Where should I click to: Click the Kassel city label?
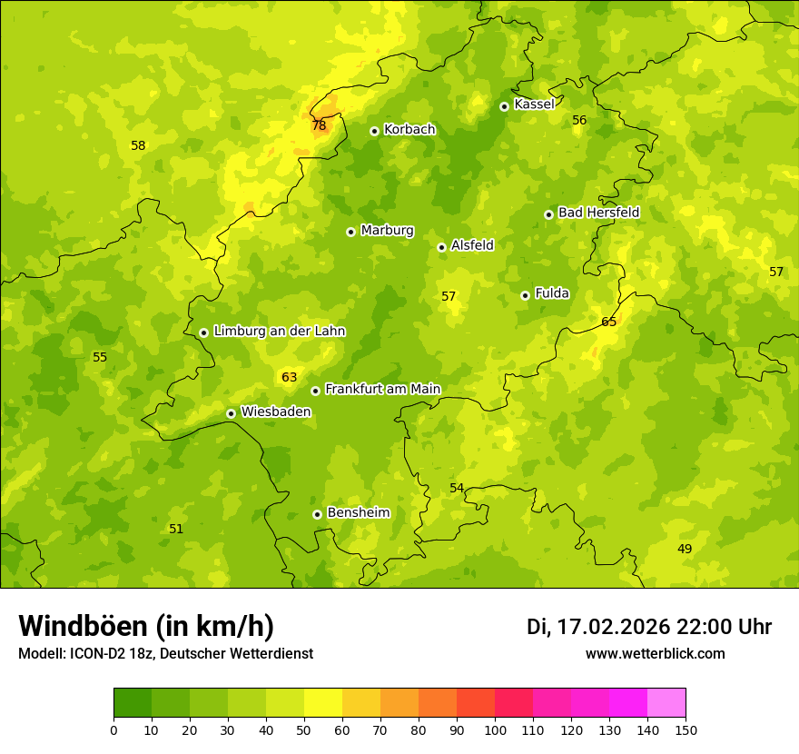pos(534,104)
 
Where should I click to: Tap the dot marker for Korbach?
pos(374,131)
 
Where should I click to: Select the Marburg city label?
pos(387,231)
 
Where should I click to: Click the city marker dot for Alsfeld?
pos(441,247)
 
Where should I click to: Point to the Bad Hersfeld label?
pos(598,213)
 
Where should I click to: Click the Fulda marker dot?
pos(525,295)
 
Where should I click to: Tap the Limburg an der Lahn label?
pos(279,332)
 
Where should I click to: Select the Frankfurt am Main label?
pos(382,390)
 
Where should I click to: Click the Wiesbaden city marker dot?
pos(231,413)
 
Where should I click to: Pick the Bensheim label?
pos(358,513)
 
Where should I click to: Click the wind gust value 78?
pos(319,125)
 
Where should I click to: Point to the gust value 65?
pos(608,322)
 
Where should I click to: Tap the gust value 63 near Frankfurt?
pos(289,377)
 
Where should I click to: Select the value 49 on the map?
pos(685,549)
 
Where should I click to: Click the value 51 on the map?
pos(176,529)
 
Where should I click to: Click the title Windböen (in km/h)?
pos(146,626)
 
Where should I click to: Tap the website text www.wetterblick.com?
pos(655,654)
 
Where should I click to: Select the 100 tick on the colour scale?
pos(495,729)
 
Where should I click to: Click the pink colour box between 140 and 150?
pos(666,703)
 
